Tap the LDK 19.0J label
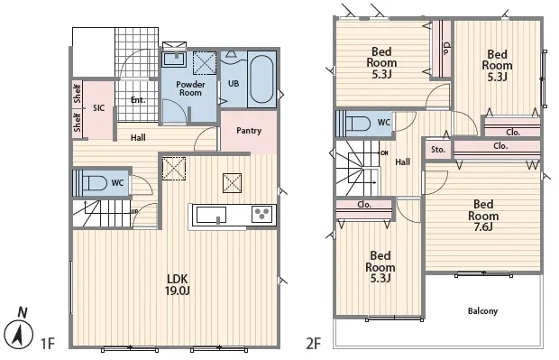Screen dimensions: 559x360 (178, 285)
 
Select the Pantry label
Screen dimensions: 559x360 (249, 131)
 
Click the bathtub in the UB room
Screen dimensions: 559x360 (261, 79)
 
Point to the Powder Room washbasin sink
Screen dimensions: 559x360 (174, 60)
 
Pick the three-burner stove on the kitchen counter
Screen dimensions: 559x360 (262, 214)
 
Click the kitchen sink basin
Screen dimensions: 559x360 (211, 215)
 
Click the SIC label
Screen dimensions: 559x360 (99, 107)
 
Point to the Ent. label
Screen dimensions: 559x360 (138, 100)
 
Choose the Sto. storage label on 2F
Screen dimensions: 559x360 (438, 150)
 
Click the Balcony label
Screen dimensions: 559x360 (482, 311)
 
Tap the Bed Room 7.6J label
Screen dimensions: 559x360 (483, 215)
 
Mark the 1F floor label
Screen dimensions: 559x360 (48, 344)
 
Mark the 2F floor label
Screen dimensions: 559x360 (314, 344)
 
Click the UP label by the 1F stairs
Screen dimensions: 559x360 (134, 211)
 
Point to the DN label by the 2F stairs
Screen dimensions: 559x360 (384, 153)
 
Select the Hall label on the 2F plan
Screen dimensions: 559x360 (402, 162)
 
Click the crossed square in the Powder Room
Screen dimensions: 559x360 (205, 63)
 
